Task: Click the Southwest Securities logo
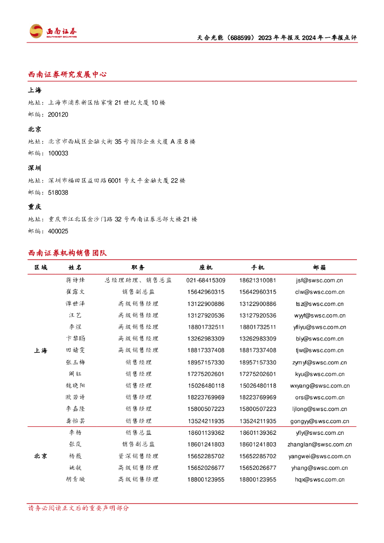(x=53, y=31)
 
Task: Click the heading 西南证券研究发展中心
(x=67, y=74)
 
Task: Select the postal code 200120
(x=58, y=115)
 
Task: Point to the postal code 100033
(x=58, y=153)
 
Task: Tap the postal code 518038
(x=58, y=192)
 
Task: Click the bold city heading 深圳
(x=35, y=168)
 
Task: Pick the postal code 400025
(x=58, y=231)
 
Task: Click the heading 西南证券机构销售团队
(x=67, y=253)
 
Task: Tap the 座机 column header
(x=206, y=268)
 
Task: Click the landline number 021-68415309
(x=206, y=280)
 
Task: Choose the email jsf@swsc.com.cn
(x=319, y=280)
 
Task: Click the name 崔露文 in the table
(x=75, y=292)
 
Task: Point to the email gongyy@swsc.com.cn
(x=320, y=421)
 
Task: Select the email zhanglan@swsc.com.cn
(x=320, y=444)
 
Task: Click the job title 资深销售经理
(x=138, y=456)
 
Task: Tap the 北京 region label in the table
(x=41, y=456)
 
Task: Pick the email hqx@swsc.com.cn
(x=320, y=479)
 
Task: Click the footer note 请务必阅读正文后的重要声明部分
(x=78, y=508)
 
